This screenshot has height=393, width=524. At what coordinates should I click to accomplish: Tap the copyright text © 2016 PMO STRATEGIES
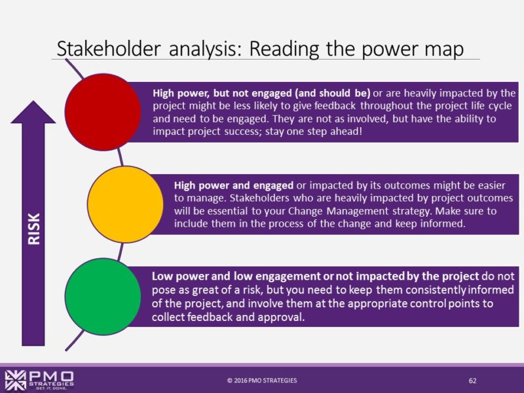261,381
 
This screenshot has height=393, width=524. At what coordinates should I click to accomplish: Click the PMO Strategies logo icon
16,379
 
